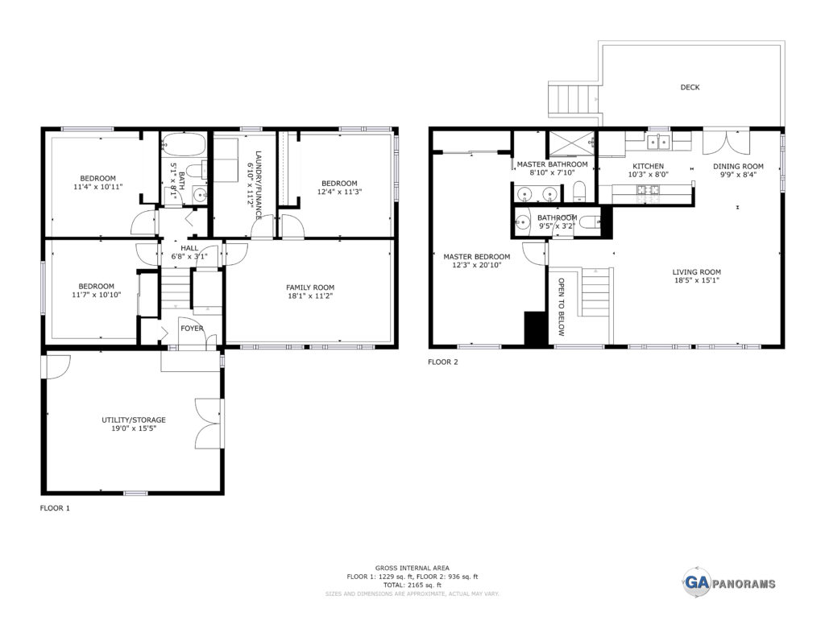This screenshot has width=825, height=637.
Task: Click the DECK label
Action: (x=690, y=87)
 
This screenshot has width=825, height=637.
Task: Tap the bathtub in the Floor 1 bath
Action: (x=183, y=143)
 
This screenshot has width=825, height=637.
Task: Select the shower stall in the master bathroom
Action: (x=571, y=143)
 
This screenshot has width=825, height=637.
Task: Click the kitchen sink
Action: (x=658, y=141)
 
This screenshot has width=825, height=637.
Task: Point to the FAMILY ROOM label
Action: (x=310, y=287)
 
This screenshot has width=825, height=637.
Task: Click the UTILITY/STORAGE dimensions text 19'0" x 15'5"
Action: (x=134, y=428)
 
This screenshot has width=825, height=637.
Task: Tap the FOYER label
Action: (x=192, y=329)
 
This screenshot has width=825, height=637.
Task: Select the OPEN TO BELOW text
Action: (x=562, y=307)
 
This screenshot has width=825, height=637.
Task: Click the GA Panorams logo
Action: (x=729, y=583)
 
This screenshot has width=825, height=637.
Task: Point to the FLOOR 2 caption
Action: (x=443, y=362)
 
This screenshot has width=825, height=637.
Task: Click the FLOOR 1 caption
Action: (x=55, y=508)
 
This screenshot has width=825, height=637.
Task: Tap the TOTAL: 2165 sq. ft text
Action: (x=412, y=585)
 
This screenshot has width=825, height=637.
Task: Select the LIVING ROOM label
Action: (x=697, y=272)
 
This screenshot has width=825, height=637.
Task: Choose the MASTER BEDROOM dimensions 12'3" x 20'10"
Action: (x=477, y=265)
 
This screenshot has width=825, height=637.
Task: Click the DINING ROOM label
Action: (x=738, y=166)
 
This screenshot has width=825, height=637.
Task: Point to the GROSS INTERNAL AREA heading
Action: (x=412, y=568)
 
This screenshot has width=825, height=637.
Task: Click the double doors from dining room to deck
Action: (x=727, y=140)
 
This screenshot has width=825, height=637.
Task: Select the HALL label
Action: (x=189, y=248)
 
